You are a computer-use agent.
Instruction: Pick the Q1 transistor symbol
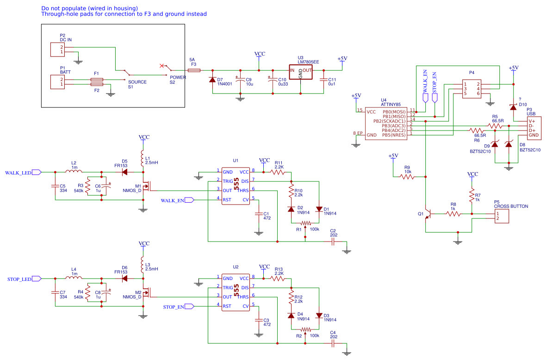tap(428, 214)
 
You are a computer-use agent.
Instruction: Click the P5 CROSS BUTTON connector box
tap(502, 216)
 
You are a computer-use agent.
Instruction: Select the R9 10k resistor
tap(407, 176)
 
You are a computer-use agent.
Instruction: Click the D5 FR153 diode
tap(124, 172)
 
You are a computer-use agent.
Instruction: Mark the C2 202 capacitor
tap(333, 242)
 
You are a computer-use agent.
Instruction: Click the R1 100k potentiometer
tap(305, 223)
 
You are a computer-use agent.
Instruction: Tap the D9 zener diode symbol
tap(495, 144)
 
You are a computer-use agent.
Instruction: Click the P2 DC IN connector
tap(57, 50)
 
